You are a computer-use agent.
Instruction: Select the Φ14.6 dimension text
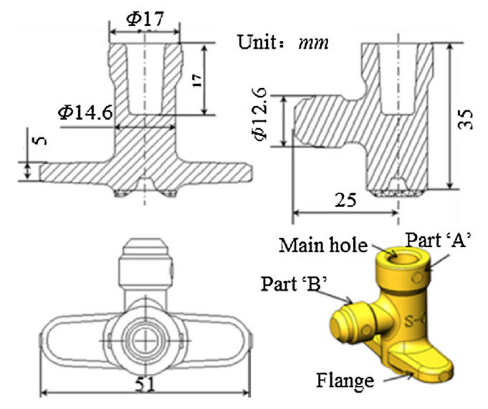coord(85,112)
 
